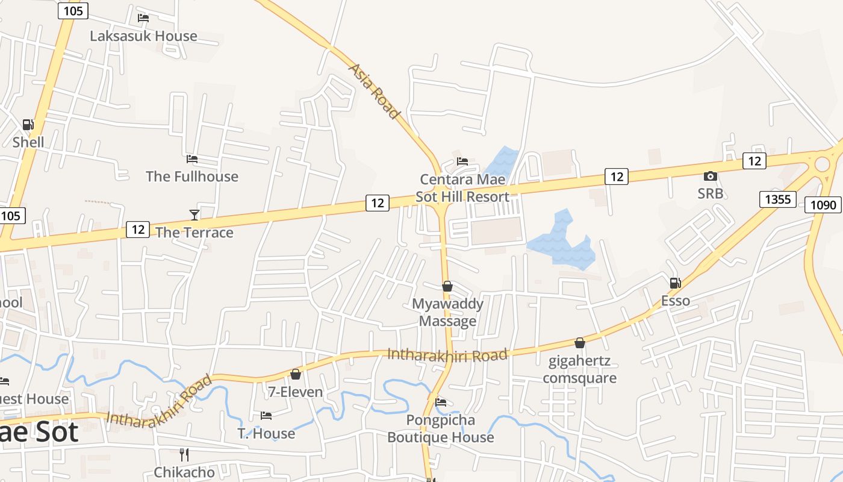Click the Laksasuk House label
[143, 36]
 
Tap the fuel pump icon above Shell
[28, 125]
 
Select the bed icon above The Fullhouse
[192, 159]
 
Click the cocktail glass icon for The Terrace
[194, 214]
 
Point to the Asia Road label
[375, 91]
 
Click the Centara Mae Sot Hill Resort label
[462, 188]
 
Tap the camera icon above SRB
[711, 176]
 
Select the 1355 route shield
[778, 199]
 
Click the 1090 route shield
[823, 205]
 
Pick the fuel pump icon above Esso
[676, 283]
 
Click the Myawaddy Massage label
[447, 312]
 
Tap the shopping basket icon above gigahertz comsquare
[580, 343]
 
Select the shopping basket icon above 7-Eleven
[296, 374]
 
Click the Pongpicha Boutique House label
[441, 428]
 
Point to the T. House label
[266, 433]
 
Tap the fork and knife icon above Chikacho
[184, 454]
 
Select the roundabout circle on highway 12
[822, 163]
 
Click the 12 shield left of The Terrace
[138, 229]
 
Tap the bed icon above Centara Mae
[462, 161]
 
